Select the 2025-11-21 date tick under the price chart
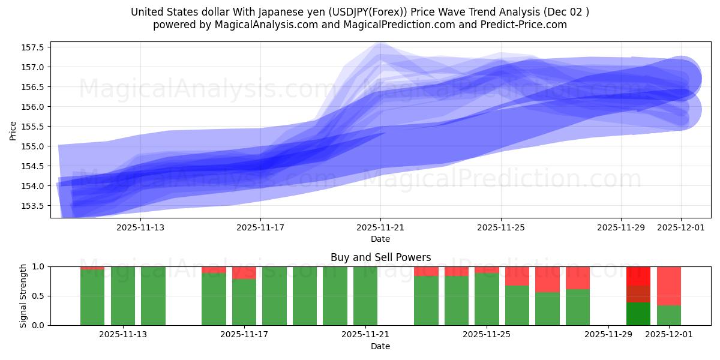coord(380,228)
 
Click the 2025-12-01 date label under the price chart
coord(680,228)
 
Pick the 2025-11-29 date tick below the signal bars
coord(608,335)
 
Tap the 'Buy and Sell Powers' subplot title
coord(380,257)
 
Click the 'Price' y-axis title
coord(13,130)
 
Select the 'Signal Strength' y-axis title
coord(23,296)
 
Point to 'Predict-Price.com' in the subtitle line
coord(525,25)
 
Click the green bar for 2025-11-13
coord(153,296)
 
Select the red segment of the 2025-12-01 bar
coord(668,286)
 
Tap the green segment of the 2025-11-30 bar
coord(638,313)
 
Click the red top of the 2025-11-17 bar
coord(244,272)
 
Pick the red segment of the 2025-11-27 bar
coord(547,279)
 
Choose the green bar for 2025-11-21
coord(365,296)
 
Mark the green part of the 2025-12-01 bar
coord(668,316)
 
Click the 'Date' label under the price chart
coord(380,239)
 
